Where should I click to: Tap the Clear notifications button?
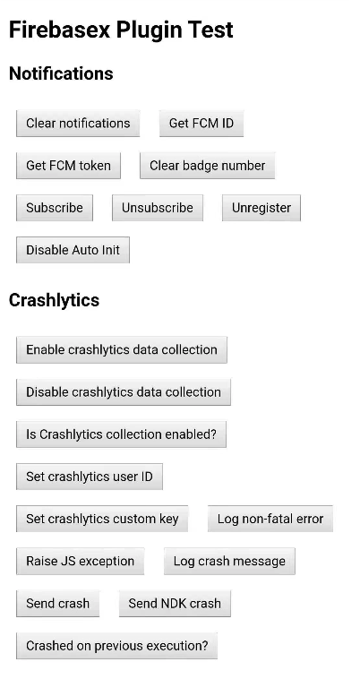click(x=78, y=124)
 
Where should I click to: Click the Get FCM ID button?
click(x=201, y=124)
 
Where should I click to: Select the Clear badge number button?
click(x=207, y=166)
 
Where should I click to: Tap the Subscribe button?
click(x=55, y=208)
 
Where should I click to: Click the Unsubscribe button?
click(x=158, y=208)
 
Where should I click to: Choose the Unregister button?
click(x=261, y=208)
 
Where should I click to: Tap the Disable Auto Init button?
click(x=73, y=250)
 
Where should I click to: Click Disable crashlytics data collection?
click(x=124, y=392)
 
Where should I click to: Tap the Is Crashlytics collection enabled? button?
click(x=121, y=434)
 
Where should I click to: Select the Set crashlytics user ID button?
click(x=90, y=477)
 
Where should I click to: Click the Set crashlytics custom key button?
click(x=102, y=519)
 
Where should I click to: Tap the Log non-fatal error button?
click(x=270, y=519)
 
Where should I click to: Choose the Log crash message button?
click(x=229, y=562)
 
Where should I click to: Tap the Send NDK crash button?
click(x=175, y=604)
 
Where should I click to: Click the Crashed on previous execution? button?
click(x=116, y=646)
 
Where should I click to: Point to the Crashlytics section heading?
click(x=54, y=300)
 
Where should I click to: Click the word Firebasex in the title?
click(x=60, y=30)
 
